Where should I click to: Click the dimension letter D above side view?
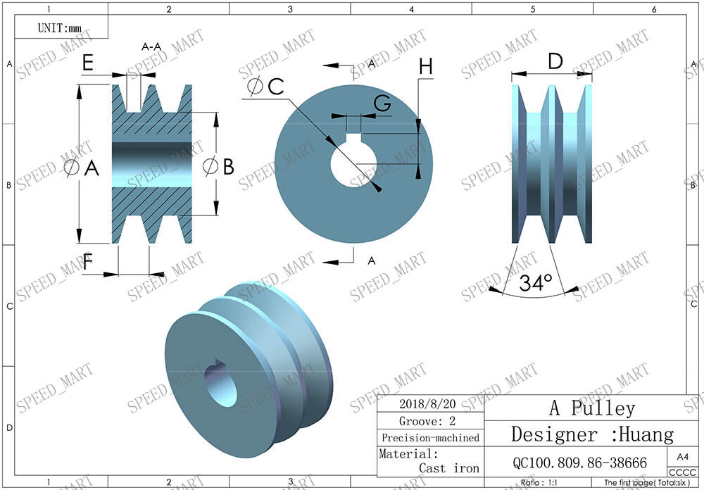pos(555,62)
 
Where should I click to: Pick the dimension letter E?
pos(88,63)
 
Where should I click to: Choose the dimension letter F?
pos(89,263)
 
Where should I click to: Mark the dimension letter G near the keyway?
pos(382,103)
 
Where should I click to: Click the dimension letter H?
pos(426,67)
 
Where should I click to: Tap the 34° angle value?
pos(535,284)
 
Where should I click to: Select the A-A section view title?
pos(151,47)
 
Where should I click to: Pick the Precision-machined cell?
pos(429,437)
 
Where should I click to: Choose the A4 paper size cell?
pos(682,456)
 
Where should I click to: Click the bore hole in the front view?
pos(352,167)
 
